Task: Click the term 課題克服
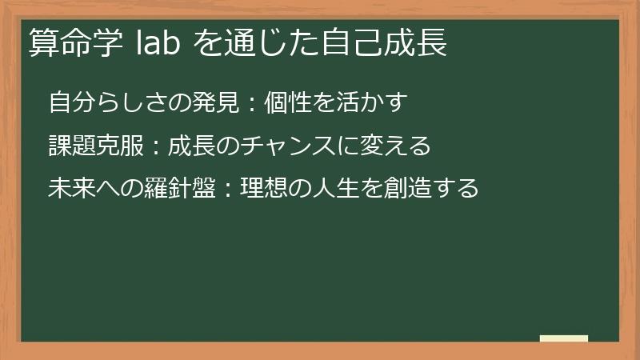pos(94,146)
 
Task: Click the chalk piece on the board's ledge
pos(563,338)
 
